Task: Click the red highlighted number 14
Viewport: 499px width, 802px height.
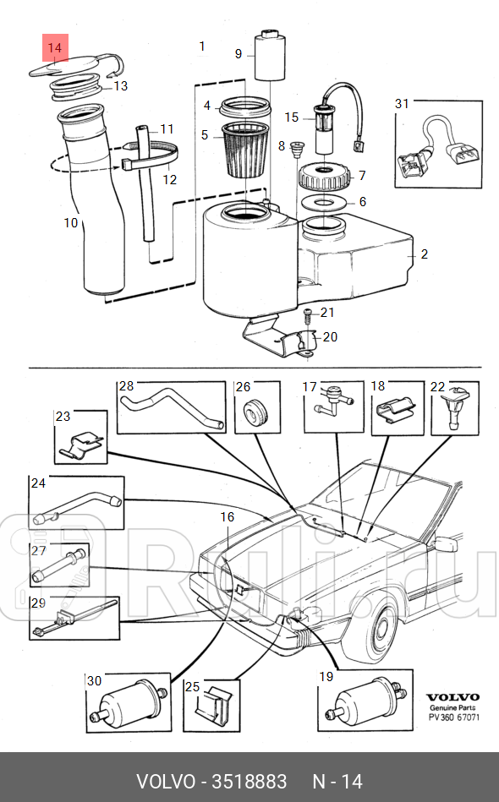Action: point(54,49)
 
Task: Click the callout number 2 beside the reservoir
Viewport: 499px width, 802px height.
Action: point(425,254)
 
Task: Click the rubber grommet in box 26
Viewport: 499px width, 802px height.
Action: point(254,412)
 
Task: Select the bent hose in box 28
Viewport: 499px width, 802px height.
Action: point(173,406)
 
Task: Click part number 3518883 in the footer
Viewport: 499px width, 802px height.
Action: point(249,781)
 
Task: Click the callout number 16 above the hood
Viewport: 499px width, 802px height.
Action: point(227,516)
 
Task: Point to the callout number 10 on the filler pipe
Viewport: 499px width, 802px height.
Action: point(71,223)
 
